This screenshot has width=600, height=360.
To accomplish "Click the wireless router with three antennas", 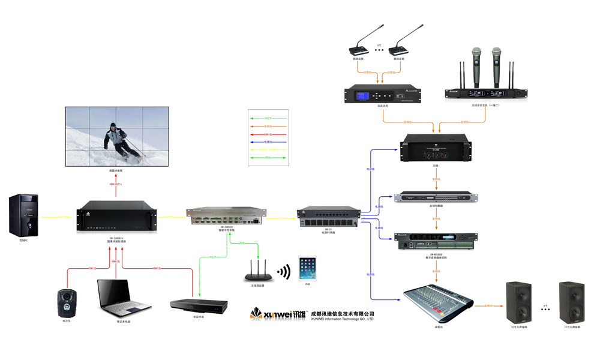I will pyautogui.click(x=259, y=271).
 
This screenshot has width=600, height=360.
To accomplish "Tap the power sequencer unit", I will pyautogui.click(x=329, y=217).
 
